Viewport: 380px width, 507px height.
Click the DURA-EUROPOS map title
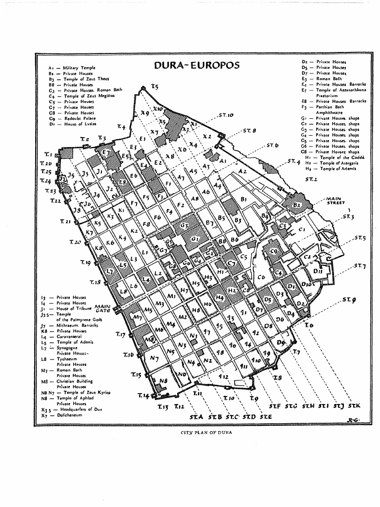197,65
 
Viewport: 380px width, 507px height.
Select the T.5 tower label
154,87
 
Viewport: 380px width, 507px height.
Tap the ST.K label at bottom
354,406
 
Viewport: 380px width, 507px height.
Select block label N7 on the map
154,357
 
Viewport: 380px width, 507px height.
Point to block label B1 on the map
243,199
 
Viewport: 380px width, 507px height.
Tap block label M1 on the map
172,296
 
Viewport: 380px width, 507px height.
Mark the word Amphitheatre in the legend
330,112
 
